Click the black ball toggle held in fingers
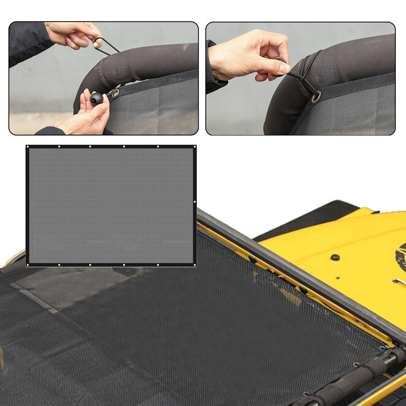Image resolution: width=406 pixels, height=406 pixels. coord(96,99)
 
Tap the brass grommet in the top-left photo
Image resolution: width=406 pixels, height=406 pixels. coord(115,93)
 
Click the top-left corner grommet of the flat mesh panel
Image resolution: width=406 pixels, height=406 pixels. coord(28,147)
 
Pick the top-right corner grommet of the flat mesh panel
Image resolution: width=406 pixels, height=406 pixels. coord(194,147)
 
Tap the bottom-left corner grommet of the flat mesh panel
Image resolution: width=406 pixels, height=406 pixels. coord(28,265)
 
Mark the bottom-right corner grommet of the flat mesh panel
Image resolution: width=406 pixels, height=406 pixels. coord(194,265)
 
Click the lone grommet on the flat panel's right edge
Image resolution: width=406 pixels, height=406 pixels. coord(195,202)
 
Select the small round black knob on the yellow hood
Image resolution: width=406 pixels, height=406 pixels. coord(335,257)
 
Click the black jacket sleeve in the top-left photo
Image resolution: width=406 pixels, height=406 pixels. coord(27,42)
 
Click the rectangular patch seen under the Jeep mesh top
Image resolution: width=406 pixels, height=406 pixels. coord(70,287)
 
